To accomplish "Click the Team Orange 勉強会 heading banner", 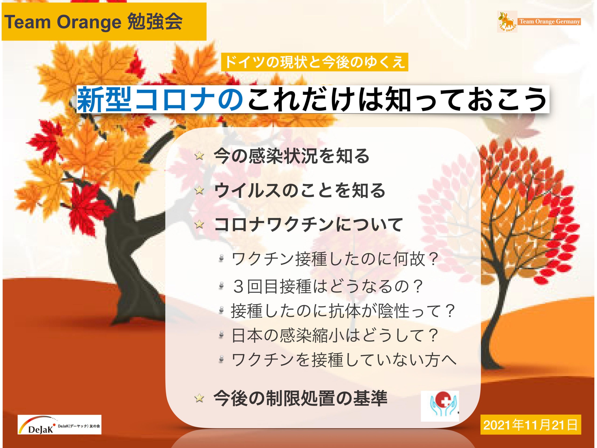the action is point(104,22).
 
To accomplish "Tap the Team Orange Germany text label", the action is point(550,22).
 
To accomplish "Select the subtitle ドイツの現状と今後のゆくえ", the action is point(314,62).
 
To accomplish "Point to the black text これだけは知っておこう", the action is point(396,99).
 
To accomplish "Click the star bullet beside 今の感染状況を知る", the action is point(199,156).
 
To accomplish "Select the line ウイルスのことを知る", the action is point(300,190).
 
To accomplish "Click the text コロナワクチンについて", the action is point(308,224).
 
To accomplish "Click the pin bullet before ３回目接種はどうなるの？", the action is point(221,285).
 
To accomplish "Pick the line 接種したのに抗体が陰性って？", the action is point(343,311).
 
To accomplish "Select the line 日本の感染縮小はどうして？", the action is point(335,335).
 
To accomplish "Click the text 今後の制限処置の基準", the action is point(300,398).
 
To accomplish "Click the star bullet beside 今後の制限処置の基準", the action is point(199,398).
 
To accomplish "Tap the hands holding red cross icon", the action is point(440,406).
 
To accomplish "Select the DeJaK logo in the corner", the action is point(59,424).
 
